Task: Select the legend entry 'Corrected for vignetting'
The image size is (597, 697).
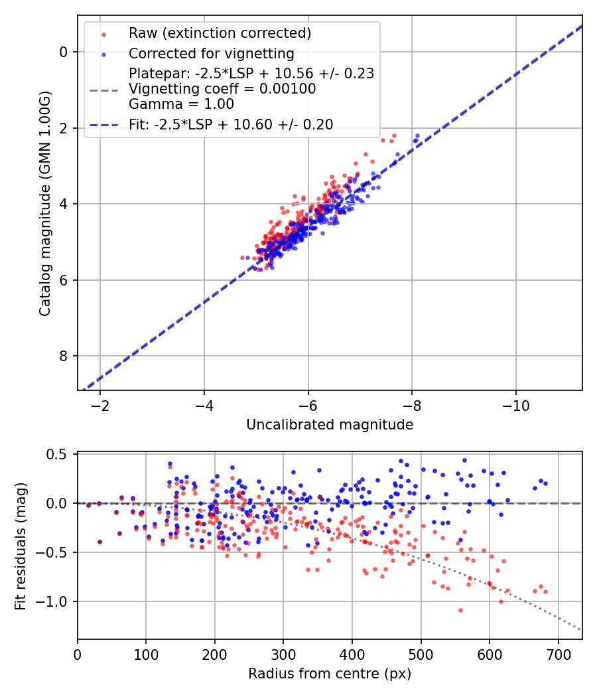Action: [x=211, y=53]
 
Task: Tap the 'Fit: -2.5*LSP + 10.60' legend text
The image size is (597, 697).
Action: [x=231, y=124]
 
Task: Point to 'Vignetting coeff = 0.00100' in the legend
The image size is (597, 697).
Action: [x=222, y=89]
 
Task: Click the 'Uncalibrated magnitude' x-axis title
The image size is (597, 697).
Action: [x=330, y=425]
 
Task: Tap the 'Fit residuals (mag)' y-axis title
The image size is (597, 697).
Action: [x=21, y=546]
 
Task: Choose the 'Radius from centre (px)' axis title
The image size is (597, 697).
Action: [x=330, y=674]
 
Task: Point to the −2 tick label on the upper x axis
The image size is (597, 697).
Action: [x=100, y=406]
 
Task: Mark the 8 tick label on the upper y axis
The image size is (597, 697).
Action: [x=64, y=356]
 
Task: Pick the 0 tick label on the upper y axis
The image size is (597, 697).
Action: [x=64, y=52]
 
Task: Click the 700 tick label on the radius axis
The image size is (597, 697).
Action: [x=558, y=655]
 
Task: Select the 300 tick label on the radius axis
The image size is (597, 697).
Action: [x=283, y=655]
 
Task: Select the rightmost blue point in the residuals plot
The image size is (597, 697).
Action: [x=545, y=483]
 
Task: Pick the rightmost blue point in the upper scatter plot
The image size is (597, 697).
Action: [x=417, y=135]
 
